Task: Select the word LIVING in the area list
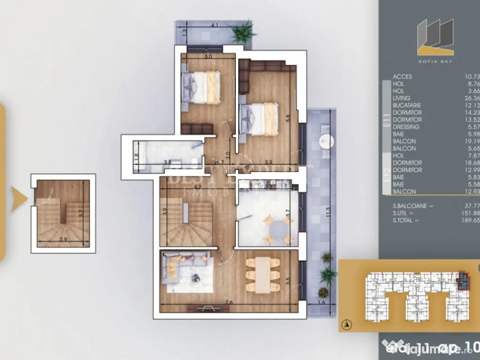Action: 402,98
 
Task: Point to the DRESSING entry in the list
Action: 406,127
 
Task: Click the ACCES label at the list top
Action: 403,76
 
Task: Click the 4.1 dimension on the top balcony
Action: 214,25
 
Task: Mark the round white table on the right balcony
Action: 325,141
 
